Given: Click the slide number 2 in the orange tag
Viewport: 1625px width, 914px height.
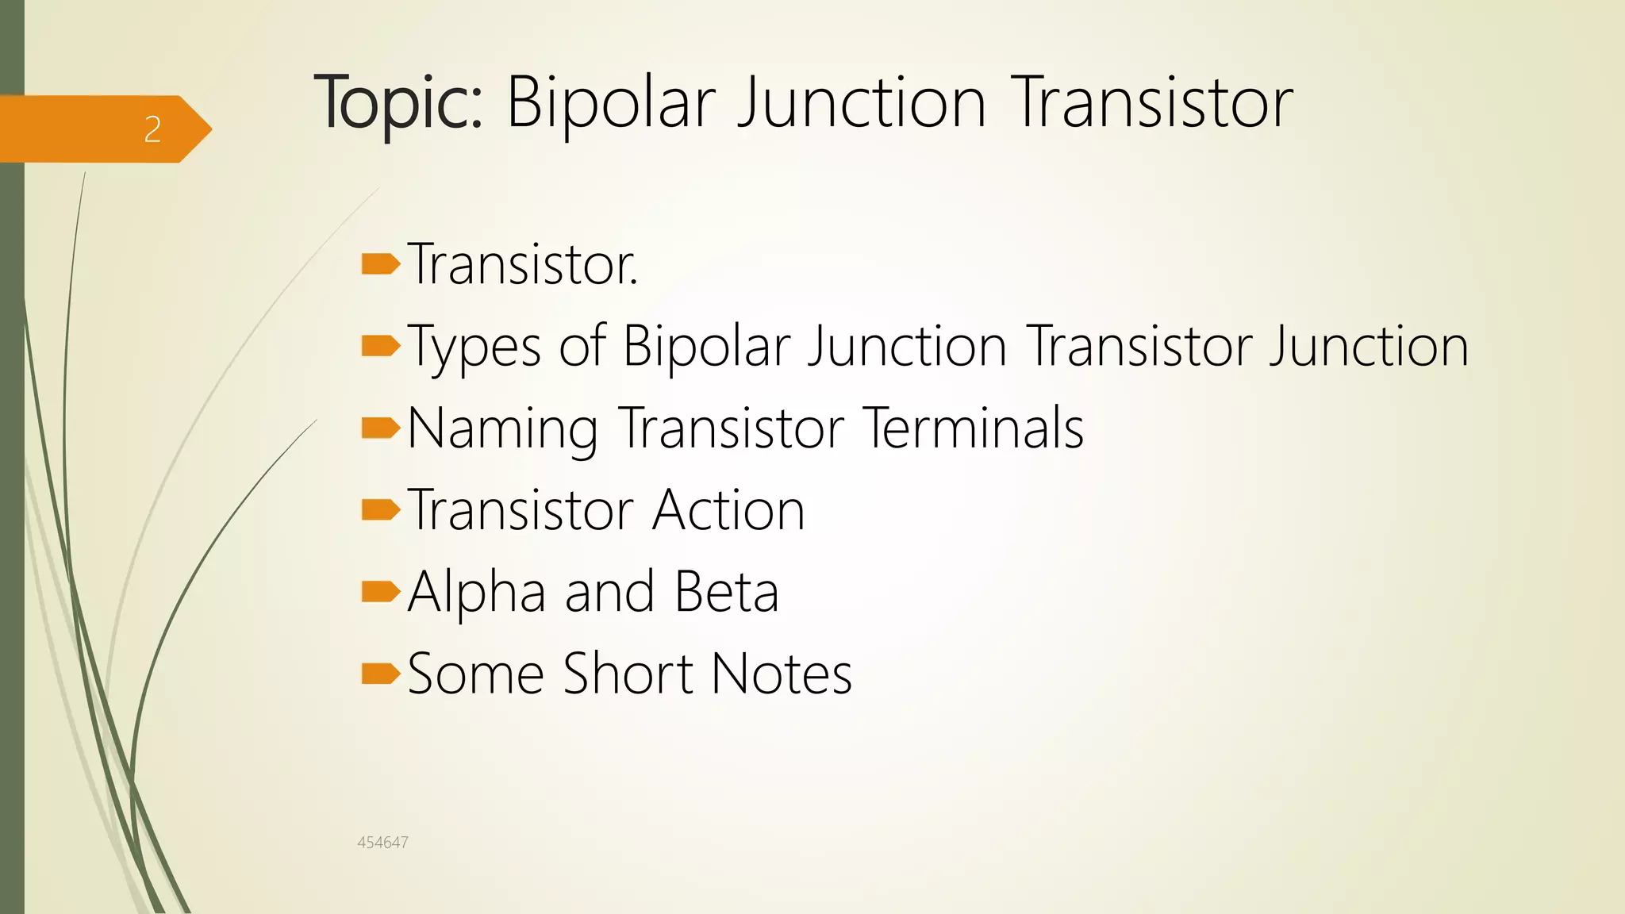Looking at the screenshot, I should tap(152, 129).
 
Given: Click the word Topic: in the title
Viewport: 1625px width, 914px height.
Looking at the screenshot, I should tap(398, 103).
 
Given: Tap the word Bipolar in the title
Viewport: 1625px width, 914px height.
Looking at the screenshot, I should tap(611, 103).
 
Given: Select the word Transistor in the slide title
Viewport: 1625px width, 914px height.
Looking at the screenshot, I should tap(1153, 103).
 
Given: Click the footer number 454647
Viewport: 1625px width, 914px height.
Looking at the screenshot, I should tap(382, 843).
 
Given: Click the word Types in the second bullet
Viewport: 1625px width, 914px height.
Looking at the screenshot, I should tap(474, 348).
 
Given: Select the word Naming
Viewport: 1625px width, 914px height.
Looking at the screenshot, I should tap(503, 429).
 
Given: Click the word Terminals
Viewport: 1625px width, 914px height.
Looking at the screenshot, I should tap(974, 428).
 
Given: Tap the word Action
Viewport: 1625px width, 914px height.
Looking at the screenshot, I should tap(728, 510).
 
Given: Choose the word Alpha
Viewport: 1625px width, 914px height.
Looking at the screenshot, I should tap(477, 593).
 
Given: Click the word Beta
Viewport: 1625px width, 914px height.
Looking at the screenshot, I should tap(727, 592).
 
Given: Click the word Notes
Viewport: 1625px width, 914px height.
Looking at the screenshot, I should tap(782, 674).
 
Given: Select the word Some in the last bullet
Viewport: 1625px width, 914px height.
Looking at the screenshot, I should tap(475, 674).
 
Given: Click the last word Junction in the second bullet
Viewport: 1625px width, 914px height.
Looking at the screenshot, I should tap(1369, 347).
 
